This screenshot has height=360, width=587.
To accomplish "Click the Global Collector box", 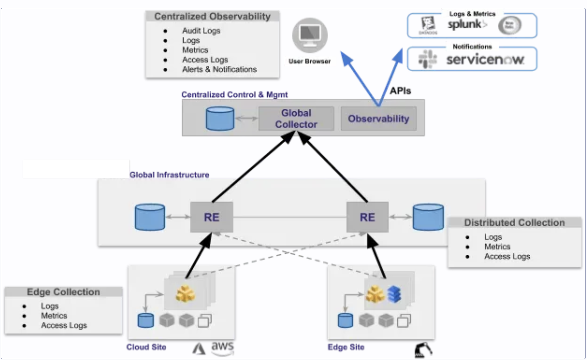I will (296, 119).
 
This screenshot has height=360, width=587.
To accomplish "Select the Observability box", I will (378, 119).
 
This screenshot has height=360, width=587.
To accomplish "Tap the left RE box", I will (212, 217).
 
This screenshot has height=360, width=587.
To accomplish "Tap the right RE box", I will (367, 217).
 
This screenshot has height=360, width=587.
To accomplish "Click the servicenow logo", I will (485, 59).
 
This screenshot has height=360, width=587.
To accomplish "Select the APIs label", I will (400, 91).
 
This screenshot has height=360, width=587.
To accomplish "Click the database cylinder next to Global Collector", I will (220, 119).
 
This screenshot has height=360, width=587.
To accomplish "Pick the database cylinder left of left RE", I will (150, 217).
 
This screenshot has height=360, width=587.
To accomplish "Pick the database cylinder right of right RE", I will (428, 217).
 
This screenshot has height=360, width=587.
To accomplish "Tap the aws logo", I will (222, 347).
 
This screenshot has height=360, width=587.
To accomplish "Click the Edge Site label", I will (346, 347).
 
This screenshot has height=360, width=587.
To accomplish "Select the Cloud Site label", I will (146, 347).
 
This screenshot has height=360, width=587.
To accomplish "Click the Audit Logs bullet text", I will (201, 31).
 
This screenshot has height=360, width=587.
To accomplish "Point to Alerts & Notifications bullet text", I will (219, 69).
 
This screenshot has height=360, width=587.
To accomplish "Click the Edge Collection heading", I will (63, 292).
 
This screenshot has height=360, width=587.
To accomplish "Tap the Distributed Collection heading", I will (514, 223).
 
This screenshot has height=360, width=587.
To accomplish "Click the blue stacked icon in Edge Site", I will (394, 294).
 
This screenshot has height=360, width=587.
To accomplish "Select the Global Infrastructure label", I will (169, 175).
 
